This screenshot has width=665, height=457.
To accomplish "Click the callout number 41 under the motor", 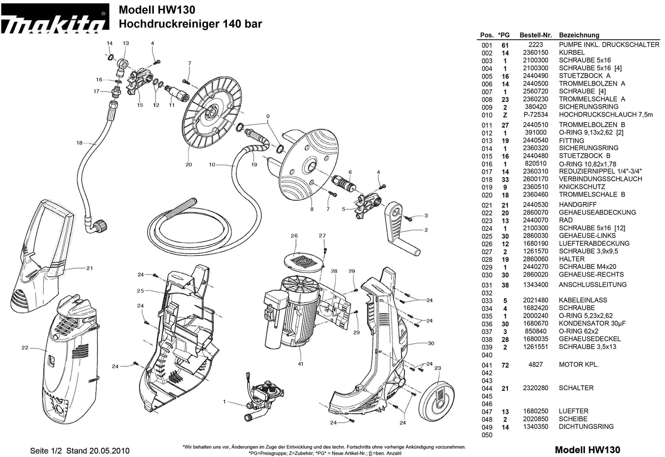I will point(300,364).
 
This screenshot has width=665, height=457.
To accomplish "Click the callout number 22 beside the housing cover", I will point(25,348).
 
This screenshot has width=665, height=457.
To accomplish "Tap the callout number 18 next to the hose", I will point(79,143).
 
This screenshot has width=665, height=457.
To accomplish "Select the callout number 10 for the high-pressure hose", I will point(212,164).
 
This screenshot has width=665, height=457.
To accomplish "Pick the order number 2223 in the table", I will point(536,45).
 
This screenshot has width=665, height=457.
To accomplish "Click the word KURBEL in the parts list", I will point(572,52).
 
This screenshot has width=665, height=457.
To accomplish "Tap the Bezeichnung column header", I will point(579,35).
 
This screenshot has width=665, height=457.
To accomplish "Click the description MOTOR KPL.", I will point(578,364).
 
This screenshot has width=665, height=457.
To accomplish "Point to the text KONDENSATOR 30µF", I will point(592,324).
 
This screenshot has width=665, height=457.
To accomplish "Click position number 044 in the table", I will point(486,388).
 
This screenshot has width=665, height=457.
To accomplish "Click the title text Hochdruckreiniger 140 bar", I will point(190,24).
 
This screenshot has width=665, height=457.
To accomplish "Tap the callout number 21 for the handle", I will point(89,268).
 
